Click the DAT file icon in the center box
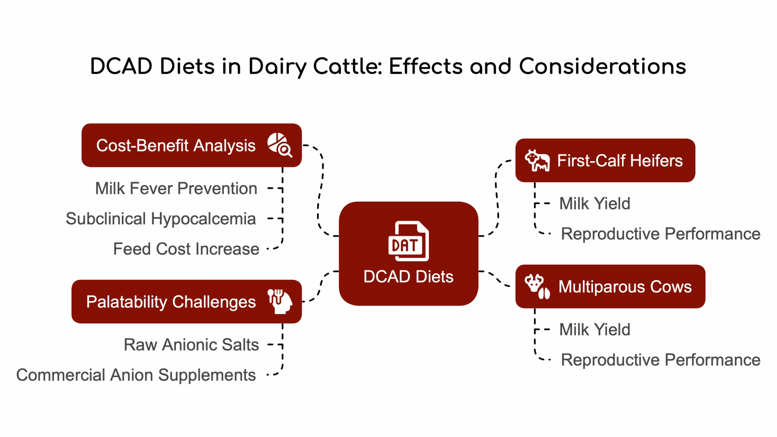click(409, 241)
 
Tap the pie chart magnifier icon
click(280, 145)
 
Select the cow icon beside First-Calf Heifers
click(537, 160)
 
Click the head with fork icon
click(280, 301)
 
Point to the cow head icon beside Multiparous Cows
click(537, 286)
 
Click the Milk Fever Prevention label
click(176, 189)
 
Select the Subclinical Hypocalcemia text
click(161, 219)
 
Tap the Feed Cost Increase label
click(186, 249)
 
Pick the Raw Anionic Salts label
click(191, 345)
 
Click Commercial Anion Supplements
click(136, 375)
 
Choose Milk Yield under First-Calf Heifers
click(595, 204)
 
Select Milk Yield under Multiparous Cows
click(595, 330)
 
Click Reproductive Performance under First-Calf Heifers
click(661, 234)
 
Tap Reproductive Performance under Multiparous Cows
click(661, 360)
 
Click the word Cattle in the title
click(347, 66)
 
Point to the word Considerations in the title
click(603, 66)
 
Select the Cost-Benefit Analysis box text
click(176, 146)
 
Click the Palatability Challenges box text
click(171, 302)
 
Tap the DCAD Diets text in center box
click(408, 277)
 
